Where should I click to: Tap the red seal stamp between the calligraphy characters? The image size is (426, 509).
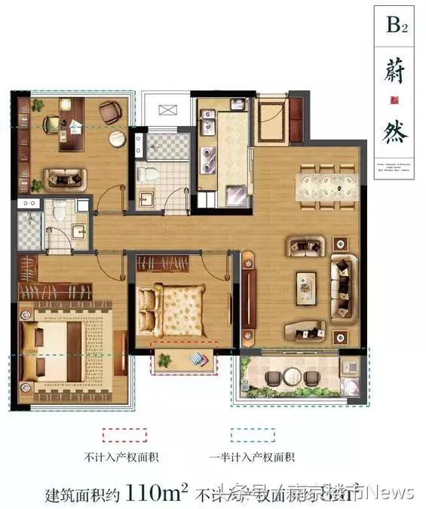[393, 99]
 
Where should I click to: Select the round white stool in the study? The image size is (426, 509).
[115, 140]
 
